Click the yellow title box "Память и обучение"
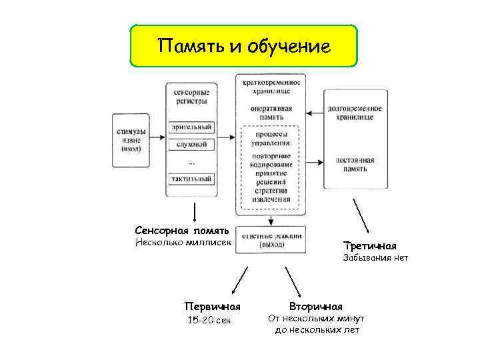[x=243, y=47]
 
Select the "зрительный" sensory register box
[x=192, y=127]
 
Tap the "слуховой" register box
[x=192, y=144]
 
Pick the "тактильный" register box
[x=192, y=179]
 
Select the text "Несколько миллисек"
[x=183, y=242]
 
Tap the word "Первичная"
[x=212, y=307]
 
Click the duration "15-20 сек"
[x=209, y=321]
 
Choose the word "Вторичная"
[x=315, y=307]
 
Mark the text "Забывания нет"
[x=375, y=257]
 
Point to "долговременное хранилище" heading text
[x=355, y=112]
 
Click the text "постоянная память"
[x=355, y=165]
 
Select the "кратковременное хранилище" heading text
[x=271, y=86]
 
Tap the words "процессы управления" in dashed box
[x=271, y=139]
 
